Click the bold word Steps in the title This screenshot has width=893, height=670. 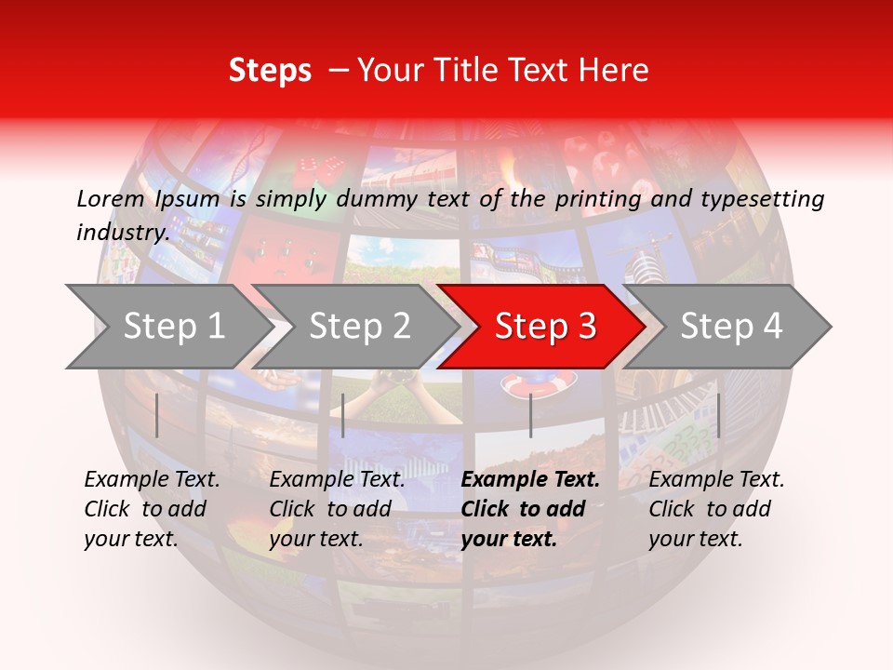pos(270,71)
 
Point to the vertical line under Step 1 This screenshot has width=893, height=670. pos(157,415)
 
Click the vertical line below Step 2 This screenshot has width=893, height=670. pos(343,415)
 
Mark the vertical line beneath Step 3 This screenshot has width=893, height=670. pos(531,415)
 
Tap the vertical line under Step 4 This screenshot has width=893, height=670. pos(719,415)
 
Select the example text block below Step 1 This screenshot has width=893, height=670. pos(152,508)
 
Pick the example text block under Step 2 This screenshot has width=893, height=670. pos(337,508)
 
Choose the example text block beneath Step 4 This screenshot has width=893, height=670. pos(716,508)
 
